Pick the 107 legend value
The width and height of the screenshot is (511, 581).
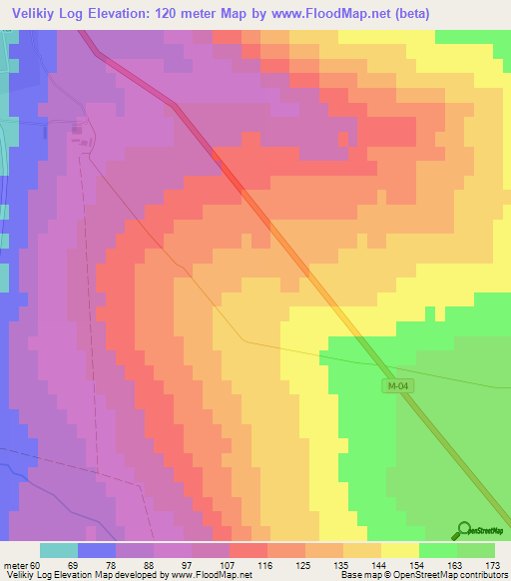coord(229,566)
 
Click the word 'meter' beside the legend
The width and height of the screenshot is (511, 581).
coord(17,566)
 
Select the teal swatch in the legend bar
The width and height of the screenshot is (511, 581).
coord(59,550)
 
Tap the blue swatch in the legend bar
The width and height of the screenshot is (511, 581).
coord(97,550)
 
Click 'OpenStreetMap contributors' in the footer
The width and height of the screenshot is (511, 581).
coord(443,576)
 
